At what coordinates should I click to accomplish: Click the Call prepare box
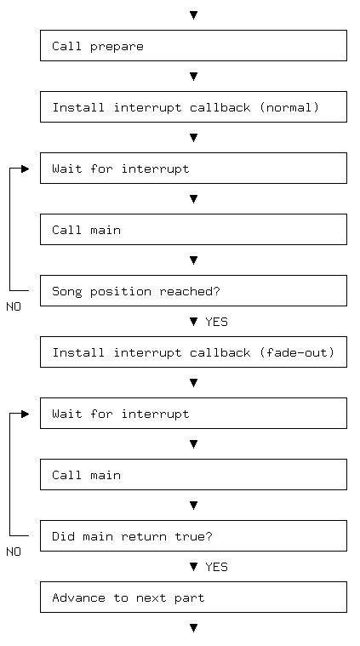193,45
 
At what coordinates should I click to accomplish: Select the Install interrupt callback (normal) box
193,106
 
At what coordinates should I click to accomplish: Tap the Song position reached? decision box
193,290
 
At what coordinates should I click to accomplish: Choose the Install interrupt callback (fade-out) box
193,352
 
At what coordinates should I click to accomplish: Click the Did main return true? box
193,535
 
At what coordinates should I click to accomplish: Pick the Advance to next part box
193,597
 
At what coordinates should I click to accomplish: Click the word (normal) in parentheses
289,107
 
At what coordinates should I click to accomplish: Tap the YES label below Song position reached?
216,322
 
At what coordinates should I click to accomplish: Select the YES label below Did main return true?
216,567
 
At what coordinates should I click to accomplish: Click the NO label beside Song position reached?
14,307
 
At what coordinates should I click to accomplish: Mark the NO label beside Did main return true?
14,552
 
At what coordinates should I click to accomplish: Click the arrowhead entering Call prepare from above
193,15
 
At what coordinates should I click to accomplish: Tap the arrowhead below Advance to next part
193,628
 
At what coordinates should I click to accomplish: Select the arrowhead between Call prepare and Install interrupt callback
193,77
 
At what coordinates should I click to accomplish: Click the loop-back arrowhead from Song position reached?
26,169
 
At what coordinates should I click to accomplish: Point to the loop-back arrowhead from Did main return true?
26,414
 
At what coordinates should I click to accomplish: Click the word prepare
117,47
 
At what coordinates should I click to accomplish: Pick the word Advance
78,597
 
